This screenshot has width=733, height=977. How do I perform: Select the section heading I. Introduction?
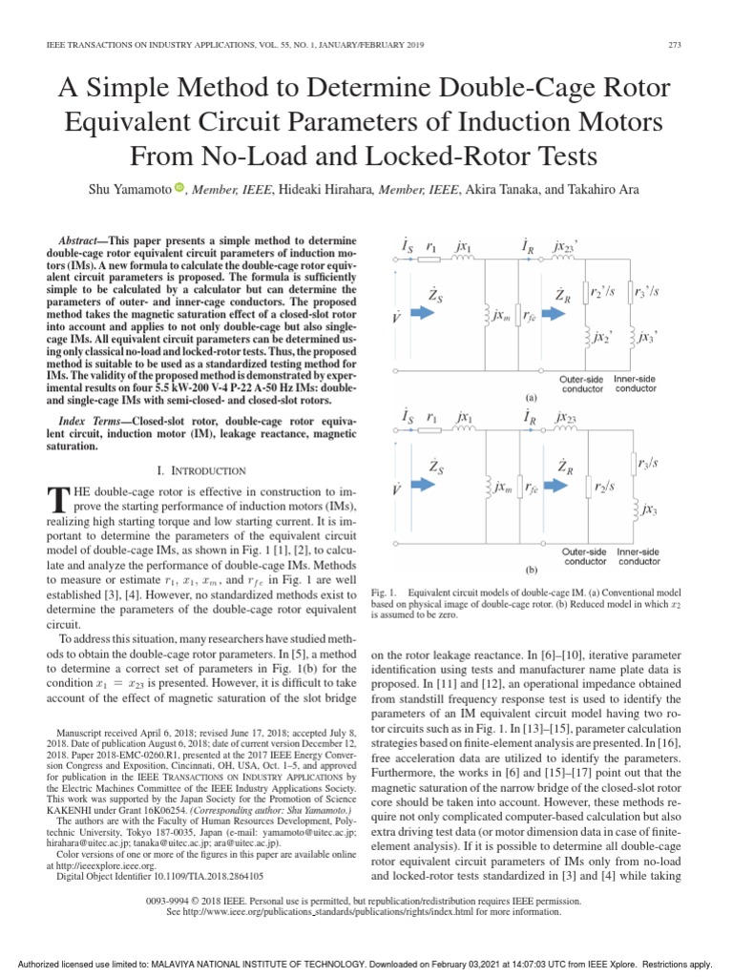coord(200,470)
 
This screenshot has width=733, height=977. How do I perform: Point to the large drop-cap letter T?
coord(56,498)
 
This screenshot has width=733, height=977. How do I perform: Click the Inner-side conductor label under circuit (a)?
coord(635,384)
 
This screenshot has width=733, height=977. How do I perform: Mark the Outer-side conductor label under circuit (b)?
coord(583,556)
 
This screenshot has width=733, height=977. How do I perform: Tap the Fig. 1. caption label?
coord(384,593)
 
